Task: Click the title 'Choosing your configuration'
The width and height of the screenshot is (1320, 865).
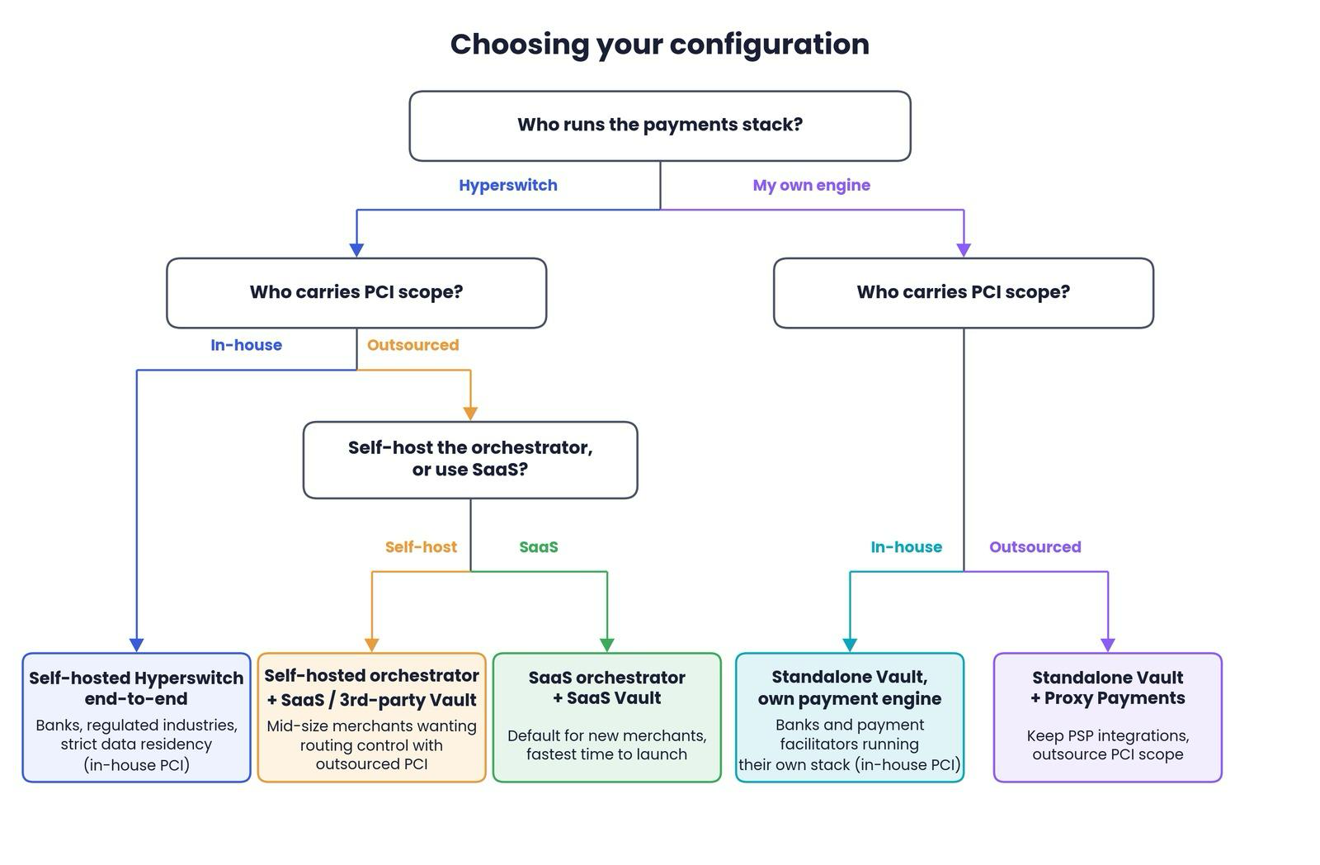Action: [659, 45]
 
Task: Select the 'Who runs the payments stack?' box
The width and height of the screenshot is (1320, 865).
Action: [660, 125]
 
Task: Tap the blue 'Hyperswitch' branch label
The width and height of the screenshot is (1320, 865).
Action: [508, 185]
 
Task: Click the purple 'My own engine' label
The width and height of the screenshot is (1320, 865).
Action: [812, 185]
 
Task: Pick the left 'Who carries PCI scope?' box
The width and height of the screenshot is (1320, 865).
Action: [356, 292]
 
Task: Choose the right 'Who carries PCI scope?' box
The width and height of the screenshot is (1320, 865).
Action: [964, 292]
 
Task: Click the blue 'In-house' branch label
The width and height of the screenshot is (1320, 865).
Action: [247, 345]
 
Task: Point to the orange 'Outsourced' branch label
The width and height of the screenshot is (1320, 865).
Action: [413, 345]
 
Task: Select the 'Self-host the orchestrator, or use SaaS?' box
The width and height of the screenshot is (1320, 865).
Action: [470, 460]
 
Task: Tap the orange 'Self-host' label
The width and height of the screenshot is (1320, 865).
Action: [421, 547]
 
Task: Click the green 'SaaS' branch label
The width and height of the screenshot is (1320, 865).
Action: [539, 547]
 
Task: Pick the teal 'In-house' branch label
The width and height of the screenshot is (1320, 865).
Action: [907, 547]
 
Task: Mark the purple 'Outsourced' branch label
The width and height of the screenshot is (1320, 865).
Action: [1035, 547]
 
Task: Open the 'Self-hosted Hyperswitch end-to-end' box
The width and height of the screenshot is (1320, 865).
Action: [137, 717]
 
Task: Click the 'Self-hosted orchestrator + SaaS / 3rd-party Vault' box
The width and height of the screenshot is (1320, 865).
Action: [372, 717]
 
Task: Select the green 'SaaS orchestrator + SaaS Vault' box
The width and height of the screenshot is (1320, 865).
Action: [607, 717]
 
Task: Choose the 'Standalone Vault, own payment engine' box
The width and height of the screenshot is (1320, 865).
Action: [850, 717]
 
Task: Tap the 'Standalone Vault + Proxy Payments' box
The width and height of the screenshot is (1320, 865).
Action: [1108, 717]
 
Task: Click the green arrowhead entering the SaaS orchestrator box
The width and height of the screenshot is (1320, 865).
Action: [607, 645]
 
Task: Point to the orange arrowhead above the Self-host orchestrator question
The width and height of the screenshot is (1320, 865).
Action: [470, 414]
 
